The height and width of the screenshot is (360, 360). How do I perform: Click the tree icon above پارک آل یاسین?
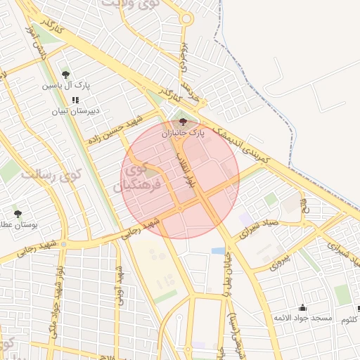click(65, 74)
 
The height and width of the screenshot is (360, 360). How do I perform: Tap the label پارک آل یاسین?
click(65, 85)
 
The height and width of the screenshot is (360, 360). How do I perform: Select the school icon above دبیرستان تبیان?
click(75, 100)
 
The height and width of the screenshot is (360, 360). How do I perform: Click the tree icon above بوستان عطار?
click(18, 213)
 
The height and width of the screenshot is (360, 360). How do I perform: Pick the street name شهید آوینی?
click(120, 285)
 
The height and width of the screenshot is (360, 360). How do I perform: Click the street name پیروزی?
click(278, 262)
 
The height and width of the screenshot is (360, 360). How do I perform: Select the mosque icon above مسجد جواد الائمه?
click(303, 307)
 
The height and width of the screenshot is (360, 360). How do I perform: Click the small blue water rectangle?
click(218, 250)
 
